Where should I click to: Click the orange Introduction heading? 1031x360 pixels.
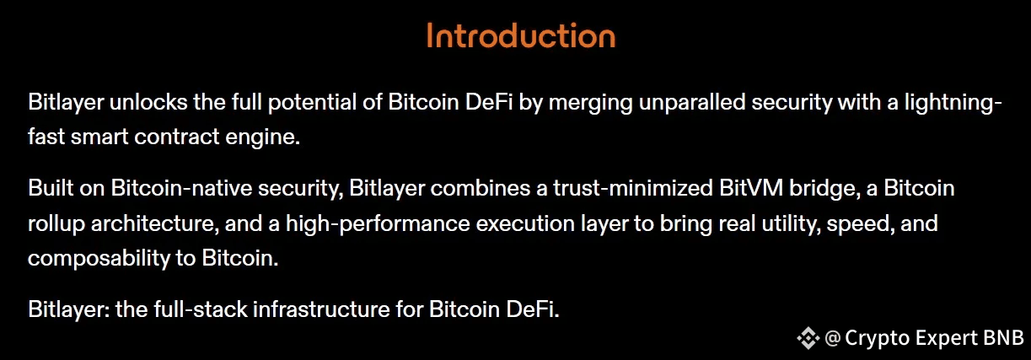pos(521,35)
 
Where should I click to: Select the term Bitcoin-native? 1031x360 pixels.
pos(181,188)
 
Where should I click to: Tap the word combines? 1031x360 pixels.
pos(480,188)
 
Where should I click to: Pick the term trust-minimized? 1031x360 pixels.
pos(633,188)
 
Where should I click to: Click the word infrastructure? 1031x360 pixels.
pos(321,309)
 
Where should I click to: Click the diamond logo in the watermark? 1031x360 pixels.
pos(808,338)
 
